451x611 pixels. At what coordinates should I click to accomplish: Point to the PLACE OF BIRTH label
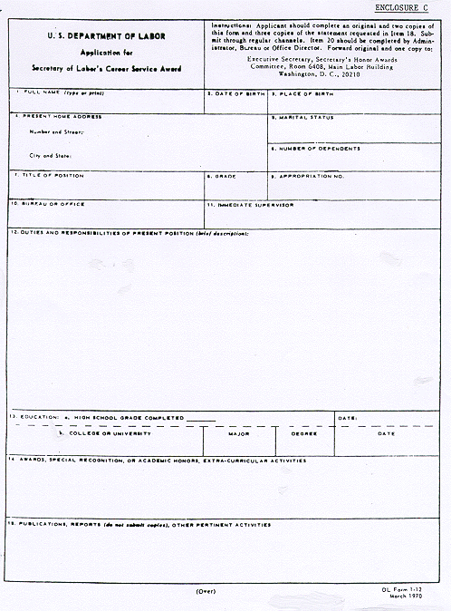pyautogui.click(x=305, y=93)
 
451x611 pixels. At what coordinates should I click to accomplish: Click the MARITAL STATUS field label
pyautogui.click(x=306, y=118)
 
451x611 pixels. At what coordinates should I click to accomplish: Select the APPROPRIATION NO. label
pyautogui.click(x=312, y=175)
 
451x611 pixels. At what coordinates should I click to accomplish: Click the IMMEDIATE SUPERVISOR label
pyautogui.click(x=254, y=205)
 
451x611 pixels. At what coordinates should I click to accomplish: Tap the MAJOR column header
pyautogui.click(x=239, y=433)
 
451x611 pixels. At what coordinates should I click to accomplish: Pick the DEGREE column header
pyautogui.click(x=303, y=433)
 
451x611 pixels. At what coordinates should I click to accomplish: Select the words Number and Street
pyautogui.click(x=49, y=132)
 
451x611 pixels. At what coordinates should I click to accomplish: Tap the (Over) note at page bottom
pyautogui.click(x=206, y=591)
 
